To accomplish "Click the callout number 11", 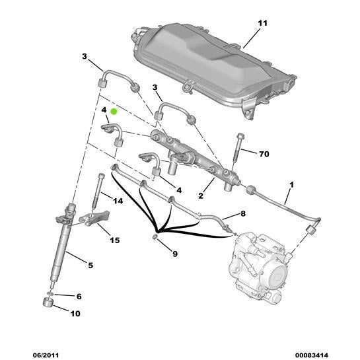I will (x=262, y=24).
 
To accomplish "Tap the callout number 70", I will (x=264, y=155).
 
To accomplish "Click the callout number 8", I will (x=242, y=213).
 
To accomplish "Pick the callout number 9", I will (x=174, y=252).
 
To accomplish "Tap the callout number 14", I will (x=118, y=201).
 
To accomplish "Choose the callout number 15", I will (x=114, y=239).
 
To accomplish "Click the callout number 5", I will (x=90, y=265).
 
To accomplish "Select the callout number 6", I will (x=78, y=297).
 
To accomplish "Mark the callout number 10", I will (x=75, y=313).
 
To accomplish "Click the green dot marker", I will (x=114, y=112).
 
